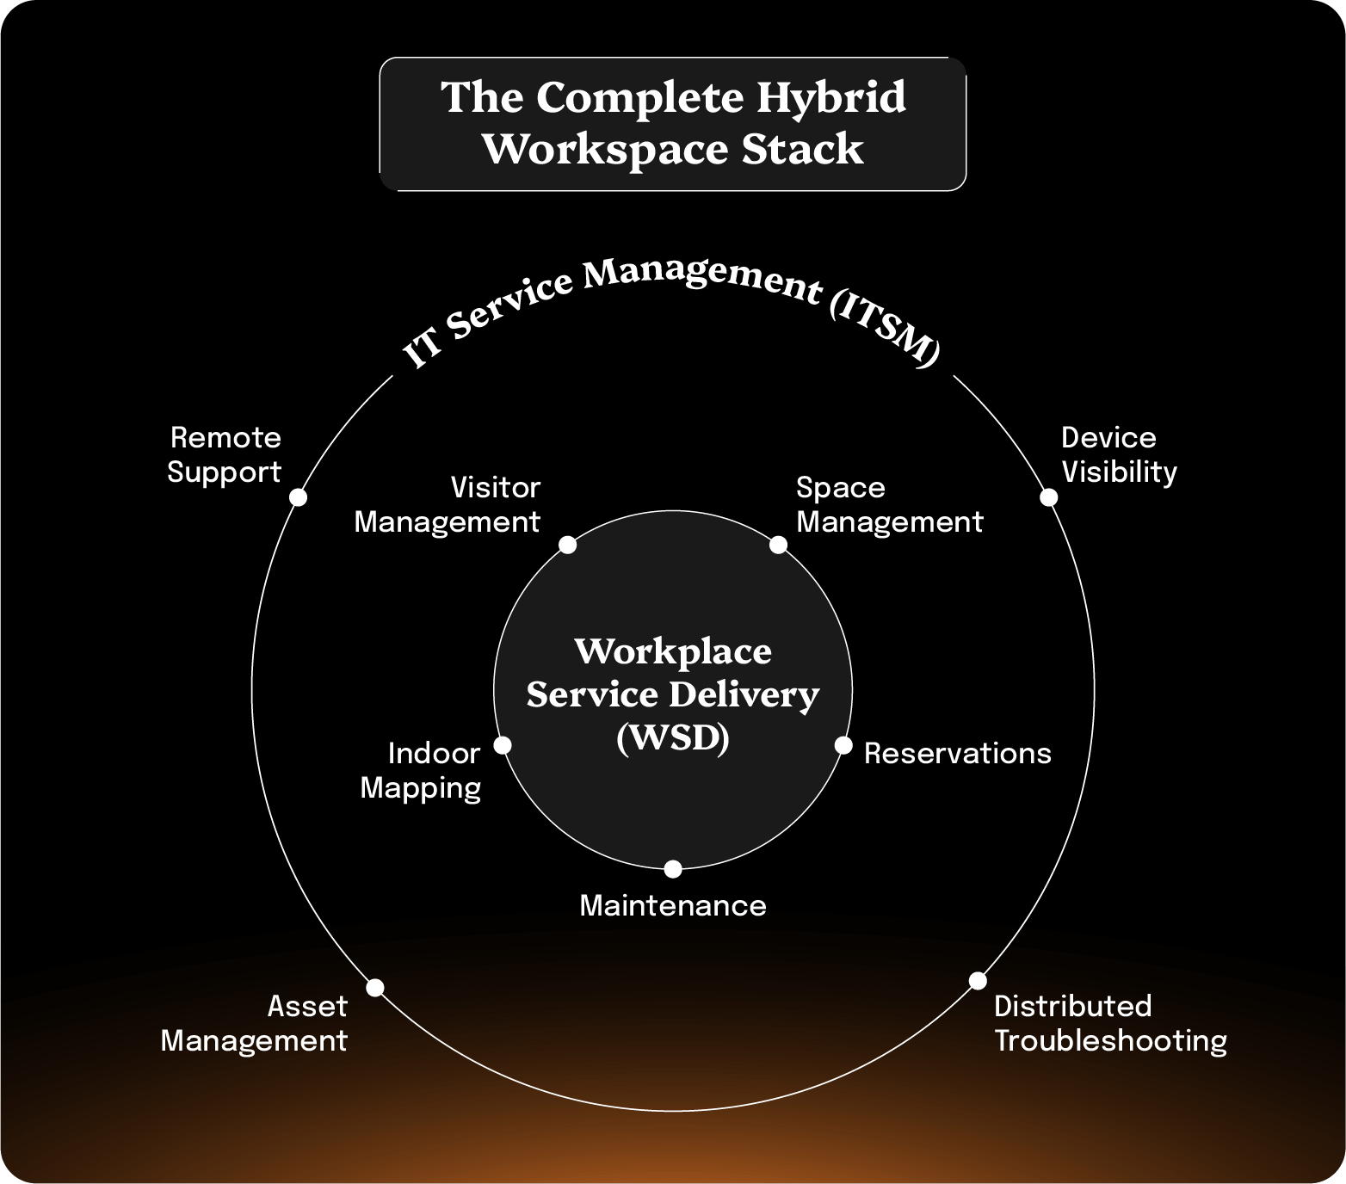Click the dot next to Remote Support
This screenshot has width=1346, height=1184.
pos(298,497)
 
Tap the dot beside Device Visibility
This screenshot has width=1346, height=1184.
pos(1048,497)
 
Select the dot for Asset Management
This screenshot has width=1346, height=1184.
pos(375,988)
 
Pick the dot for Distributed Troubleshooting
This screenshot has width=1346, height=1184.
pos(978,981)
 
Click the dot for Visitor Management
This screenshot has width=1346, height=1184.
pos(567,545)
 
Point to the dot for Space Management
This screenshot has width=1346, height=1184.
pos(778,545)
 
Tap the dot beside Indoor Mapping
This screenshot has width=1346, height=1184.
pos(503,745)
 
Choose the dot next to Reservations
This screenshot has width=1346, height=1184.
pos(843,745)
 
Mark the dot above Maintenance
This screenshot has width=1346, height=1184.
pos(673,869)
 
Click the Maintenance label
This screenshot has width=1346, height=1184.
pos(673,905)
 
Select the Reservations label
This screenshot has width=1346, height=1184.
pos(957,754)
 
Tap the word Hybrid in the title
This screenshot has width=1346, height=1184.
pos(831,97)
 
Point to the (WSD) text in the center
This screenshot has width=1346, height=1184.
pos(673,738)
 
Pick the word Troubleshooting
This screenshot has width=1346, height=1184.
pos(1110,1041)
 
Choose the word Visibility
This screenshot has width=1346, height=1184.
pos(1119,472)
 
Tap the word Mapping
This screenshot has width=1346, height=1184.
pos(420,788)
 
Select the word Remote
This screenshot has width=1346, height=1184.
pos(225,438)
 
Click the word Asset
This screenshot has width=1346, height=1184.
pos(307,1006)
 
